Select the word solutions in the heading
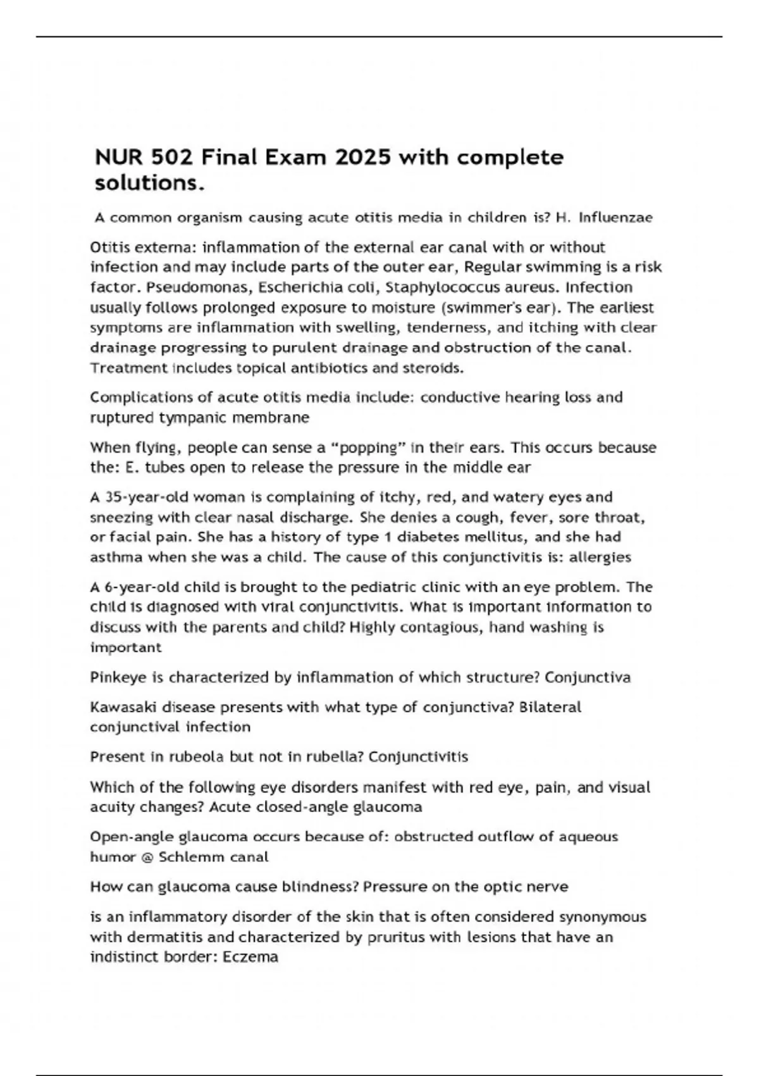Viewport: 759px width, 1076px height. coord(150,183)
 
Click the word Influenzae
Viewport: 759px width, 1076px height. coord(615,218)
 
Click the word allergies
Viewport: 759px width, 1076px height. coord(600,558)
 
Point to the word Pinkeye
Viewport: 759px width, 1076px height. coord(118,678)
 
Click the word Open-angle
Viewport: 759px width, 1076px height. coord(132,837)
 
